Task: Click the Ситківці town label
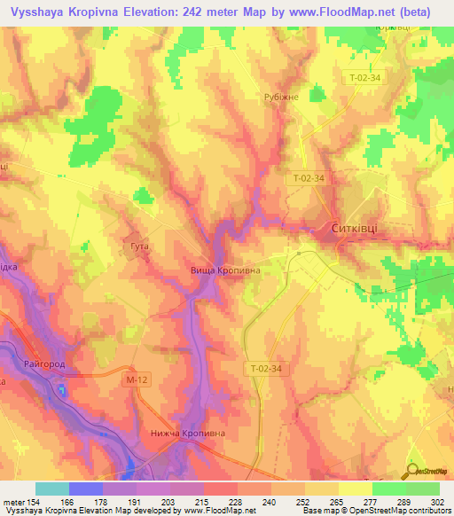point(354,227)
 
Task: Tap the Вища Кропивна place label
point(225,270)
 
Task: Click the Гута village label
point(138,246)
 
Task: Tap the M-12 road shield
point(134,379)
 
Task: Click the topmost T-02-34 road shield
point(364,78)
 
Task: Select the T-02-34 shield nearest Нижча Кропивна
point(264,368)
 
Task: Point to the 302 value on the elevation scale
point(438,503)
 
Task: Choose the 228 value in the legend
point(235,503)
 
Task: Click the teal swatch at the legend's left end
point(52,489)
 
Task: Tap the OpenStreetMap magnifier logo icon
point(413,470)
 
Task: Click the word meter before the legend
point(12,503)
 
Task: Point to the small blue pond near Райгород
point(60,389)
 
